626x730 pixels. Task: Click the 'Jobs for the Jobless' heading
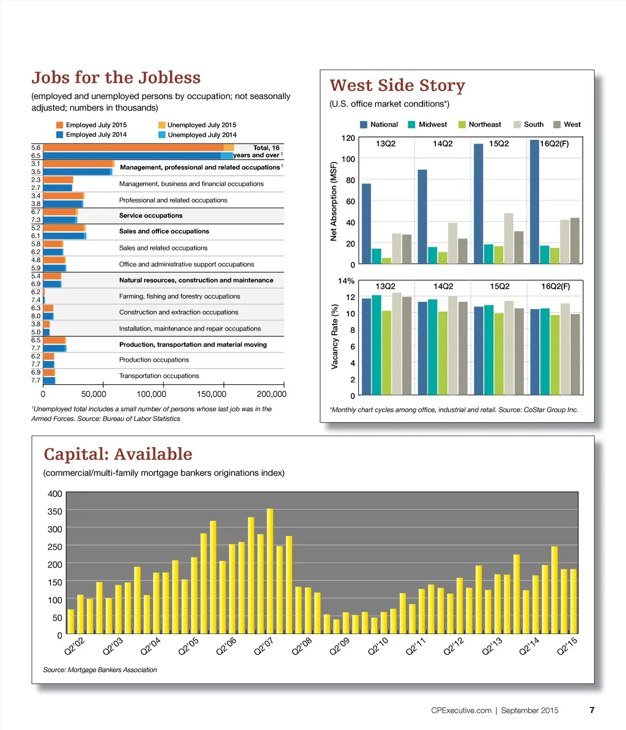tap(116, 78)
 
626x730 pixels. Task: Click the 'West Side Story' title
tap(397, 86)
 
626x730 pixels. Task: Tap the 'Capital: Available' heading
tap(118, 454)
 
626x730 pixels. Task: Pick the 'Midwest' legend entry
tap(432, 125)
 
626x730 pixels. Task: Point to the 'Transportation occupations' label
tap(159, 376)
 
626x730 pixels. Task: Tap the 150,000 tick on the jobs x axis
tap(212, 394)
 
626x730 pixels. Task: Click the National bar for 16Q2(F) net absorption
tap(535, 202)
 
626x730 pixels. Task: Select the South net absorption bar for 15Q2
tap(509, 238)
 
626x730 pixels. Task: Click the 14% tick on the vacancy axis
tap(347, 281)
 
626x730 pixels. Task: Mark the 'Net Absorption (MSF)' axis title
tap(334, 201)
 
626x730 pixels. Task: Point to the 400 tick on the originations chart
tap(55, 494)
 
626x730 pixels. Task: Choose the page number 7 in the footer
tap(592, 710)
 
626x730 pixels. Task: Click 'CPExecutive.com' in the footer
tap(462, 711)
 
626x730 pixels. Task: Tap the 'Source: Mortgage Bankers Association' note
tap(100, 670)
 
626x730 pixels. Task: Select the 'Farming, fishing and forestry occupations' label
tap(180, 297)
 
